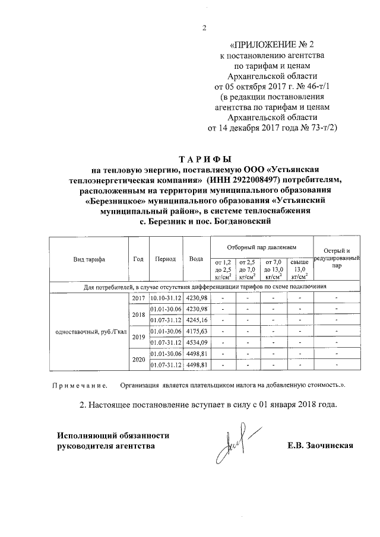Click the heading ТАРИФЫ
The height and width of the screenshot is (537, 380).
coord(204,159)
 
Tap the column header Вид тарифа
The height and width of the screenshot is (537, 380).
coord(88,259)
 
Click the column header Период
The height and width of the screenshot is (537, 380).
coord(164,259)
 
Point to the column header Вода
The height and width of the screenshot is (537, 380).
coord(196,259)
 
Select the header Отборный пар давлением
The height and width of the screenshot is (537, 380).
coord(261,246)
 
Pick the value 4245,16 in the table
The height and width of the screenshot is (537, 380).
coord(197,320)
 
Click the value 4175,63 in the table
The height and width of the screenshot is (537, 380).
coord(197,331)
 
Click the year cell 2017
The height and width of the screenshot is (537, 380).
coord(138,298)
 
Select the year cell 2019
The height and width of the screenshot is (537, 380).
coord(138,336)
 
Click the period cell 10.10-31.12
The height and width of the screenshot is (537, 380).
coord(164,298)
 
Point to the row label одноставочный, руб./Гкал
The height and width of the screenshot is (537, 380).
coord(88,331)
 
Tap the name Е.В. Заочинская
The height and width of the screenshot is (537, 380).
coord(319,445)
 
